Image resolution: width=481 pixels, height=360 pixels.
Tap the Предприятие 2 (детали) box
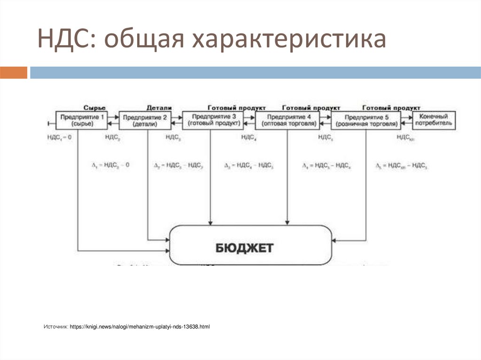tap(145, 120)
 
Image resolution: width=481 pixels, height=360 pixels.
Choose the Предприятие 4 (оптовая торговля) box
tap(287, 120)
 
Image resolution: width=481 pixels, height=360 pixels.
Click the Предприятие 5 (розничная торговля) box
tap(366, 120)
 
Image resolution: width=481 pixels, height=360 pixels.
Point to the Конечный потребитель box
tap(434, 120)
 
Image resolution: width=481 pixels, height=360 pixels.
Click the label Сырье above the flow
tap(94, 107)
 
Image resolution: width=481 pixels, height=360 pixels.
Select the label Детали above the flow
tap(159, 107)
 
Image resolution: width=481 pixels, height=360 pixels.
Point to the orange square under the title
tap(14, 73)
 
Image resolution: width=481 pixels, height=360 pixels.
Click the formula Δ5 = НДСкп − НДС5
tap(401, 165)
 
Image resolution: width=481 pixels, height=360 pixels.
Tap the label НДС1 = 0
tap(59, 137)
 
